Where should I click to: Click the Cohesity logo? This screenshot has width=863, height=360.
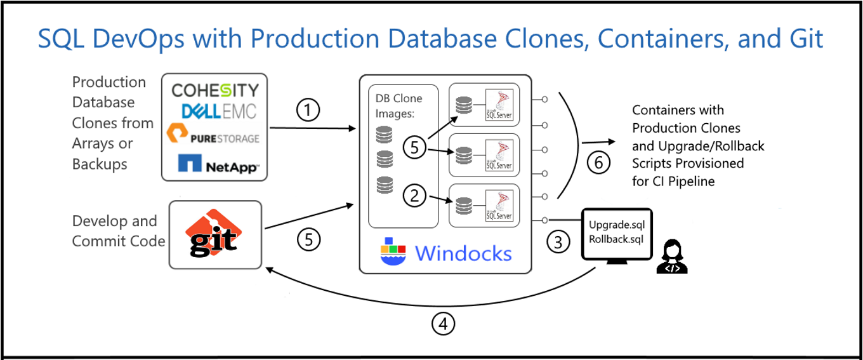pyautogui.click(x=216, y=90)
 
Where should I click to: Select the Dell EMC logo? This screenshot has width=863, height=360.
pyautogui.click(x=219, y=112)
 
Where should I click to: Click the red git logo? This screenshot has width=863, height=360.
pyautogui.click(x=214, y=234)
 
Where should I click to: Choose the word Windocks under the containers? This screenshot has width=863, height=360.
pyautogui.click(x=463, y=253)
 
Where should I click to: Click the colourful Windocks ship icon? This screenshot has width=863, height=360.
pyautogui.click(x=393, y=251)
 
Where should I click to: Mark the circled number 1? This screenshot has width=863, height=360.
pyautogui.click(x=308, y=111)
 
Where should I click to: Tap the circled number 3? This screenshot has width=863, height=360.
pyautogui.click(x=558, y=243)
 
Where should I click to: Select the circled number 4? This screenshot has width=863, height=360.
pyautogui.click(x=444, y=324)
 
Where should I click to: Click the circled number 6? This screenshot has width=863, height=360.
pyautogui.click(x=598, y=163)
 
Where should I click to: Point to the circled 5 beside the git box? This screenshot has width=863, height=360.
pyautogui.click(x=309, y=240)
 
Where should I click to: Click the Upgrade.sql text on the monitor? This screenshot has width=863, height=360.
pyautogui.click(x=616, y=225)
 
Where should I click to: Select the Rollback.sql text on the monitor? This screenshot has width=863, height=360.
pyautogui.click(x=616, y=239)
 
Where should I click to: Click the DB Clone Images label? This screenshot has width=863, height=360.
pyautogui.click(x=399, y=106)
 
